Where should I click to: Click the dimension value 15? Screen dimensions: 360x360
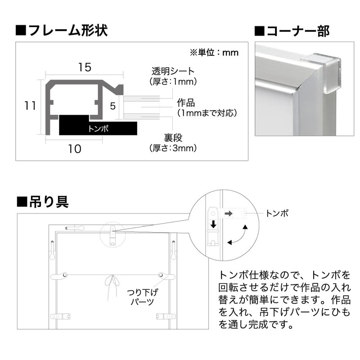(84, 67)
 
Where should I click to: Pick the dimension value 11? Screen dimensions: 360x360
(30, 106)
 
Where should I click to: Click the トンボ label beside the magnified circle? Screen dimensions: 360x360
(277, 212)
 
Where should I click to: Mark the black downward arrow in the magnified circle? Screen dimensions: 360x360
(211, 225)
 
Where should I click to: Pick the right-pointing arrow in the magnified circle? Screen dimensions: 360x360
(229, 211)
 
